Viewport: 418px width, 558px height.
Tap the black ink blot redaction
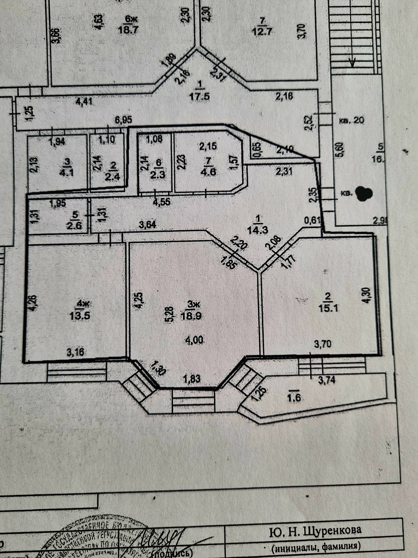364,194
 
